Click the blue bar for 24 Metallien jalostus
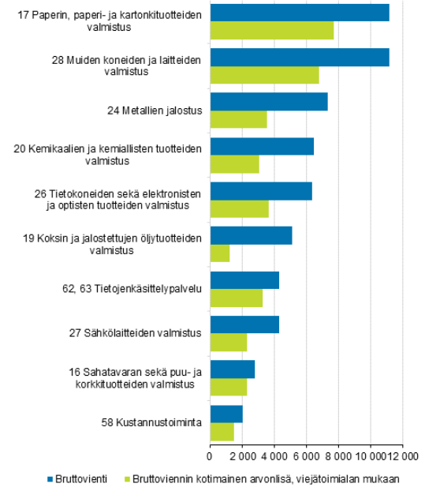[x=268, y=102]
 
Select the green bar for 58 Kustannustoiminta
[x=222, y=432]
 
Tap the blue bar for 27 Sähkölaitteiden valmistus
[x=244, y=324]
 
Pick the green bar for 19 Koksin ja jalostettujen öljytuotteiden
[x=219, y=253]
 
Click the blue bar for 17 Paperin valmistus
[x=300, y=13]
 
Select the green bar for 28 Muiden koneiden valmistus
[x=264, y=75]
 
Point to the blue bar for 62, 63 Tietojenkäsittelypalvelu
[x=244, y=280]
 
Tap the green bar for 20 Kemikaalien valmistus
[x=234, y=164]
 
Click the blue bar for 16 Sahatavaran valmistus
[x=232, y=369]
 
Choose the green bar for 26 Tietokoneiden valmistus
[x=239, y=209]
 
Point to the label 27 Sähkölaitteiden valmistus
[x=147, y=333]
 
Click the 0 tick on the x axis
[x=210, y=455]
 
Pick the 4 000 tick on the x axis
[x=274, y=455]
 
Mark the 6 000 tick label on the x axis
[x=306, y=455]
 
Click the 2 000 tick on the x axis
[x=241, y=455]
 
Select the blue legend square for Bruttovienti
[x=50, y=478]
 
